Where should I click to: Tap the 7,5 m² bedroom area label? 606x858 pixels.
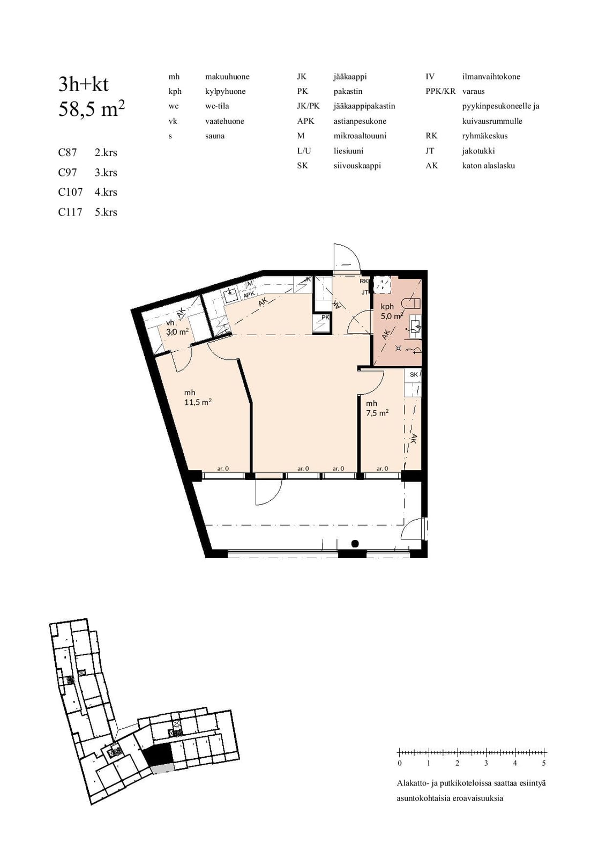point(377,408)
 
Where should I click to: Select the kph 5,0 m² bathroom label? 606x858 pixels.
point(391,312)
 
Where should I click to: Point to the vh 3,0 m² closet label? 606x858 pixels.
point(177,328)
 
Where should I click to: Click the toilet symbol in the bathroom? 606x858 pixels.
point(411,304)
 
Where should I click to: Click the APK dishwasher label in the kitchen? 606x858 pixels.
point(249,294)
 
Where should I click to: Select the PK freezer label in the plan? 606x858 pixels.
point(325,317)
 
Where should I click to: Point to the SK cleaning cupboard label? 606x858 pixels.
point(414,374)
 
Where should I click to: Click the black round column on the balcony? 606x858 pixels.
point(355,543)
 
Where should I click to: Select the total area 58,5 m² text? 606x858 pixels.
point(92,109)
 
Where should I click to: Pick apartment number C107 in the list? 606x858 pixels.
point(70,192)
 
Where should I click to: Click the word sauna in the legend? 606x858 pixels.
point(215,136)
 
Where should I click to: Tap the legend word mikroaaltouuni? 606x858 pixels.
point(360,136)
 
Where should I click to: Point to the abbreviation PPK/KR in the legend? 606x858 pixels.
point(440,91)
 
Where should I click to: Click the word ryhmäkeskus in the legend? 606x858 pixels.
point(485,136)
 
